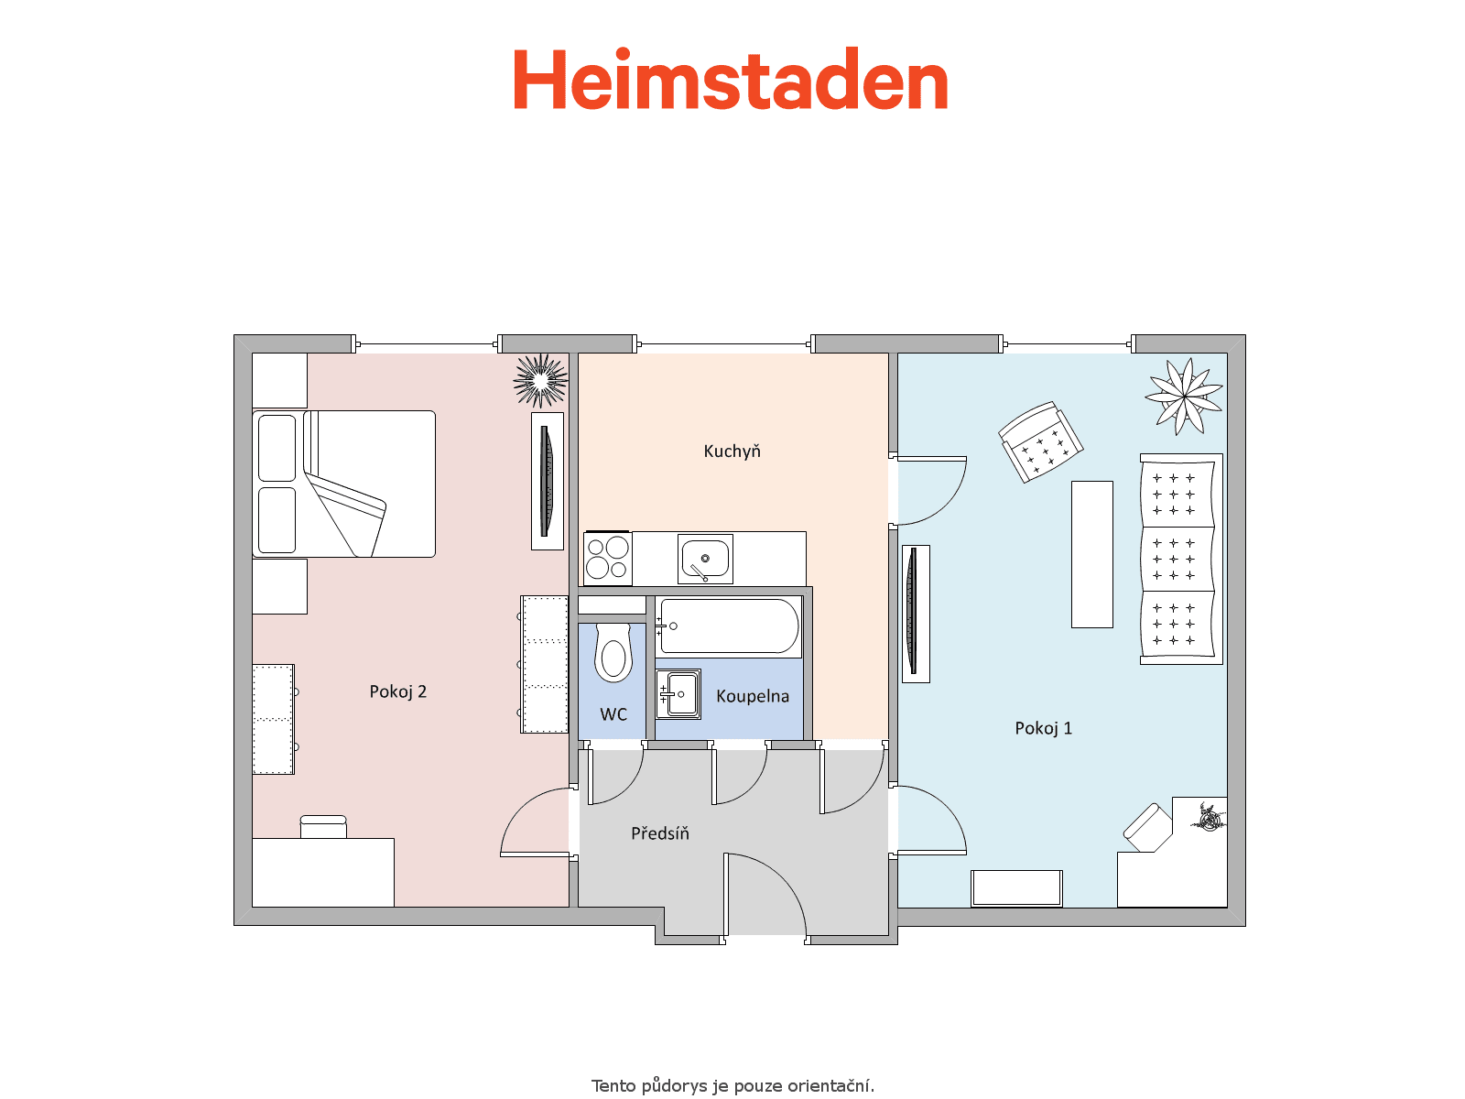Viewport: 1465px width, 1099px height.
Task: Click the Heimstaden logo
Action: (731, 79)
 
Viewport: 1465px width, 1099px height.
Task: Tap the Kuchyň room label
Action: (732, 452)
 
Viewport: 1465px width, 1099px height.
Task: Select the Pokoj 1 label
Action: (1043, 728)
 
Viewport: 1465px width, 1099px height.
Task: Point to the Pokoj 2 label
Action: (397, 691)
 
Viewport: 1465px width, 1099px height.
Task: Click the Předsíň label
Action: (659, 832)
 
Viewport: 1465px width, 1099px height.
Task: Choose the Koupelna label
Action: (753, 696)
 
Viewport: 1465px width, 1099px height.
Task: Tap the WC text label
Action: (613, 714)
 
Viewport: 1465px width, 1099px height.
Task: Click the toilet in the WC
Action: (613, 653)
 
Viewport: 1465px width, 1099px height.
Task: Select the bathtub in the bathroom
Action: (729, 626)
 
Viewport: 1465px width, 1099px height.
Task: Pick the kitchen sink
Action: (705, 559)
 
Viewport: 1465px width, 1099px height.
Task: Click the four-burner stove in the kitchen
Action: (607, 559)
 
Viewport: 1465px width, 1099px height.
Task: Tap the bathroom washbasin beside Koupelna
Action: (678, 694)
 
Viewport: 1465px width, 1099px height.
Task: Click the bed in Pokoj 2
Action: (343, 484)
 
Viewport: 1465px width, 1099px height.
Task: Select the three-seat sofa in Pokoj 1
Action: (1180, 560)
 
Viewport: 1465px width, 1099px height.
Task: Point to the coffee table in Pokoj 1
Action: (1092, 554)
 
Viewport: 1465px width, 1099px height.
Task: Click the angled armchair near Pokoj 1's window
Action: (1040, 441)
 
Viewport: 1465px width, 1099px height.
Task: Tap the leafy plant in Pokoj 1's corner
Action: (1184, 397)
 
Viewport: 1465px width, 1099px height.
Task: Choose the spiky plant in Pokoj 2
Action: (540, 380)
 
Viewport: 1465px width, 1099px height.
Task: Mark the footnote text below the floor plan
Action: (732, 1085)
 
